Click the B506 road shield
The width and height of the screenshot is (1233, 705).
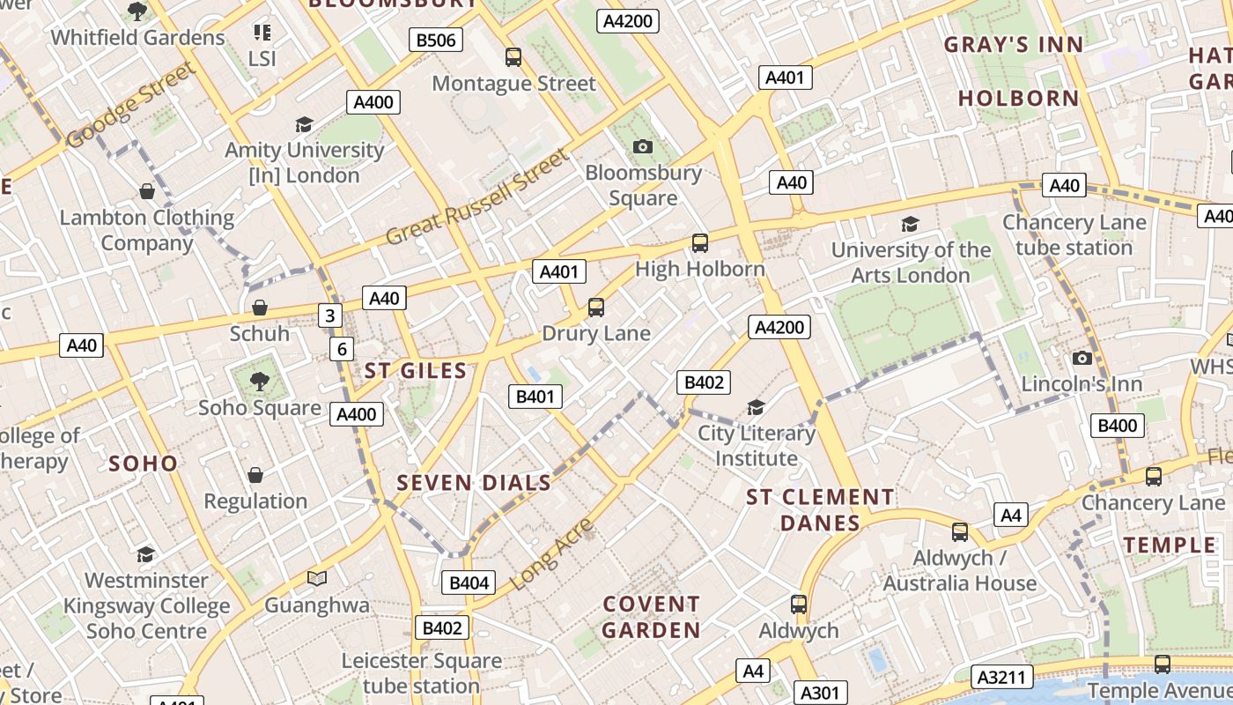[x=436, y=40]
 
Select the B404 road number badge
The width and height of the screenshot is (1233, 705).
[x=468, y=583]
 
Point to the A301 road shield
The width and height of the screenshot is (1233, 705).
[x=820, y=693]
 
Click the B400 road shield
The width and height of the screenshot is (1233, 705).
[x=1117, y=426]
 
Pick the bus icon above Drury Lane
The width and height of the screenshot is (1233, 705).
[x=596, y=308]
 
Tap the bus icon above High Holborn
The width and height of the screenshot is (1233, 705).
[x=700, y=243]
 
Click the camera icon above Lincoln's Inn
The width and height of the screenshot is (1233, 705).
[x=1082, y=358]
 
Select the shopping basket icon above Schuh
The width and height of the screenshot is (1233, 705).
[x=260, y=308]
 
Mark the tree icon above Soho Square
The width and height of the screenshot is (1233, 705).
[x=260, y=381]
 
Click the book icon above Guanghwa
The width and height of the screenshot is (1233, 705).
[x=317, y=579]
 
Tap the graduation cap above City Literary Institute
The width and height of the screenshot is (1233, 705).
[x=756, y=407]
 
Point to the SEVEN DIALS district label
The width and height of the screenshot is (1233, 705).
[x=474, y=483]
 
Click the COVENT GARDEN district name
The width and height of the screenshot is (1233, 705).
[x=652, y=617]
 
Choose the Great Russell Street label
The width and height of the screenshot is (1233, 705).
[x=478, y=197]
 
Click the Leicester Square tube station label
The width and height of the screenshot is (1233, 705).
[x=421, y=673]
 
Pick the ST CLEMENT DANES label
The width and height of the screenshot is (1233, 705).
[x=820, y=510]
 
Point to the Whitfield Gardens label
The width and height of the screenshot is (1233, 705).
[x=137, y=38]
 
